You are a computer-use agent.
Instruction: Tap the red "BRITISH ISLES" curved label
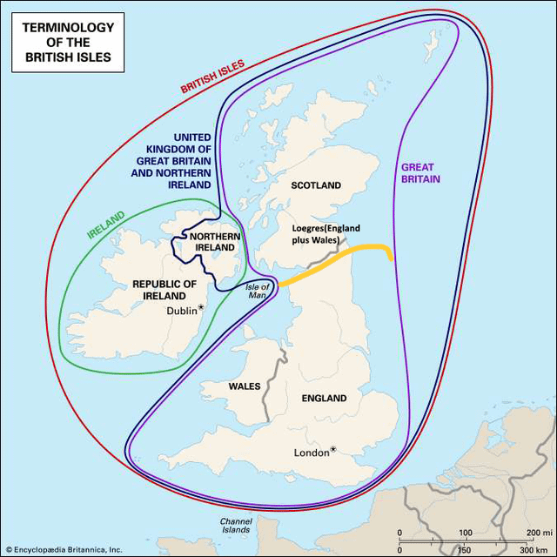pos(212,76)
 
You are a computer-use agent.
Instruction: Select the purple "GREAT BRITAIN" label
pos(420,172)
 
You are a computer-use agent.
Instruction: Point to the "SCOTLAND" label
pos(316,185)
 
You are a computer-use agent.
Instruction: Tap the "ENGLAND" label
pos(324,399)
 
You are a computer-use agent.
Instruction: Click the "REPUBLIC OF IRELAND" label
pos(164,290)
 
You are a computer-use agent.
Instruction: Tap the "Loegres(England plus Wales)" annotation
pos(325,234)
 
